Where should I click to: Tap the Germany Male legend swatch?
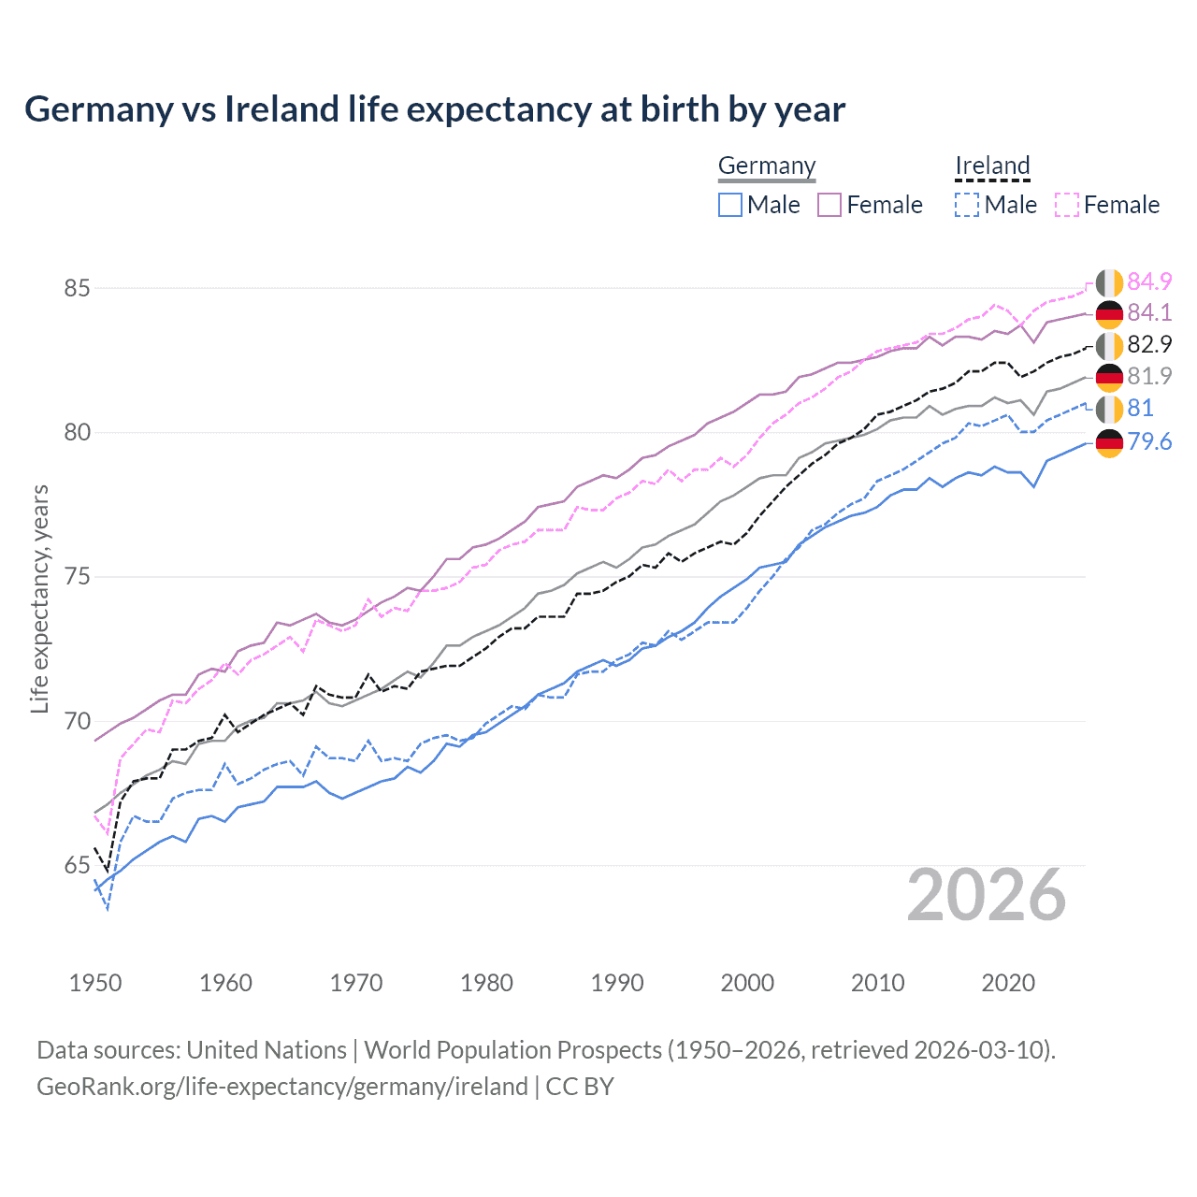(730, 205)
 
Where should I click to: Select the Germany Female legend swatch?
(829, 205)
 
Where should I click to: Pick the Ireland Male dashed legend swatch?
(967, 205)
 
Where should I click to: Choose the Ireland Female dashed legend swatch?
(1067, 205)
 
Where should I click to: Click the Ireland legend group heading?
(992, 166)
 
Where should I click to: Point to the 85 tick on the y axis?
(78, 288)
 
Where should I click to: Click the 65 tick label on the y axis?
(78, 866)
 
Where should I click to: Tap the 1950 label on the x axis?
(95, 983)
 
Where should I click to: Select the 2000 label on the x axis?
(747, 983)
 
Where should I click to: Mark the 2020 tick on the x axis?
(1008, 983)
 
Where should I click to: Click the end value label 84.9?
(1149, 281)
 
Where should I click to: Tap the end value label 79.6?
(1149, 441)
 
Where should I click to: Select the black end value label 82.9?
(1149, 345)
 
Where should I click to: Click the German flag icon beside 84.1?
(1109, 313)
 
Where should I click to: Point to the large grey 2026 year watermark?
(987, 896)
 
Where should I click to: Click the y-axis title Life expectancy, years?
(39, 598)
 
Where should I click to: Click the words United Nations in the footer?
(267, 1050)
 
